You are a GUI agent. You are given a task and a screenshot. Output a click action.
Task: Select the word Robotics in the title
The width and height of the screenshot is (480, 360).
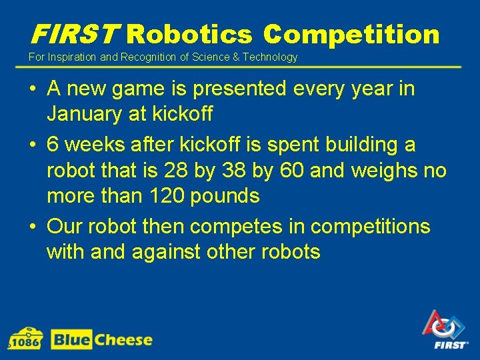(x=189, y=34)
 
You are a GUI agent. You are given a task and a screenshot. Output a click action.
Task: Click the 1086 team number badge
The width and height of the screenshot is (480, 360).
(x=25, y=339)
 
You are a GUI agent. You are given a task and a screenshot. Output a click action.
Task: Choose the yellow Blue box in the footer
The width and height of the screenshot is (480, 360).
(x=71, y=340)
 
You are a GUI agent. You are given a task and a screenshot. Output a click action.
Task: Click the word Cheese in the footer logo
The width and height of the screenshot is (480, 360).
(x=123, y=340)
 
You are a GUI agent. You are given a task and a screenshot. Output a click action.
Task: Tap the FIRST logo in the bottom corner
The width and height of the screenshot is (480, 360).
(x=445, y=330)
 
